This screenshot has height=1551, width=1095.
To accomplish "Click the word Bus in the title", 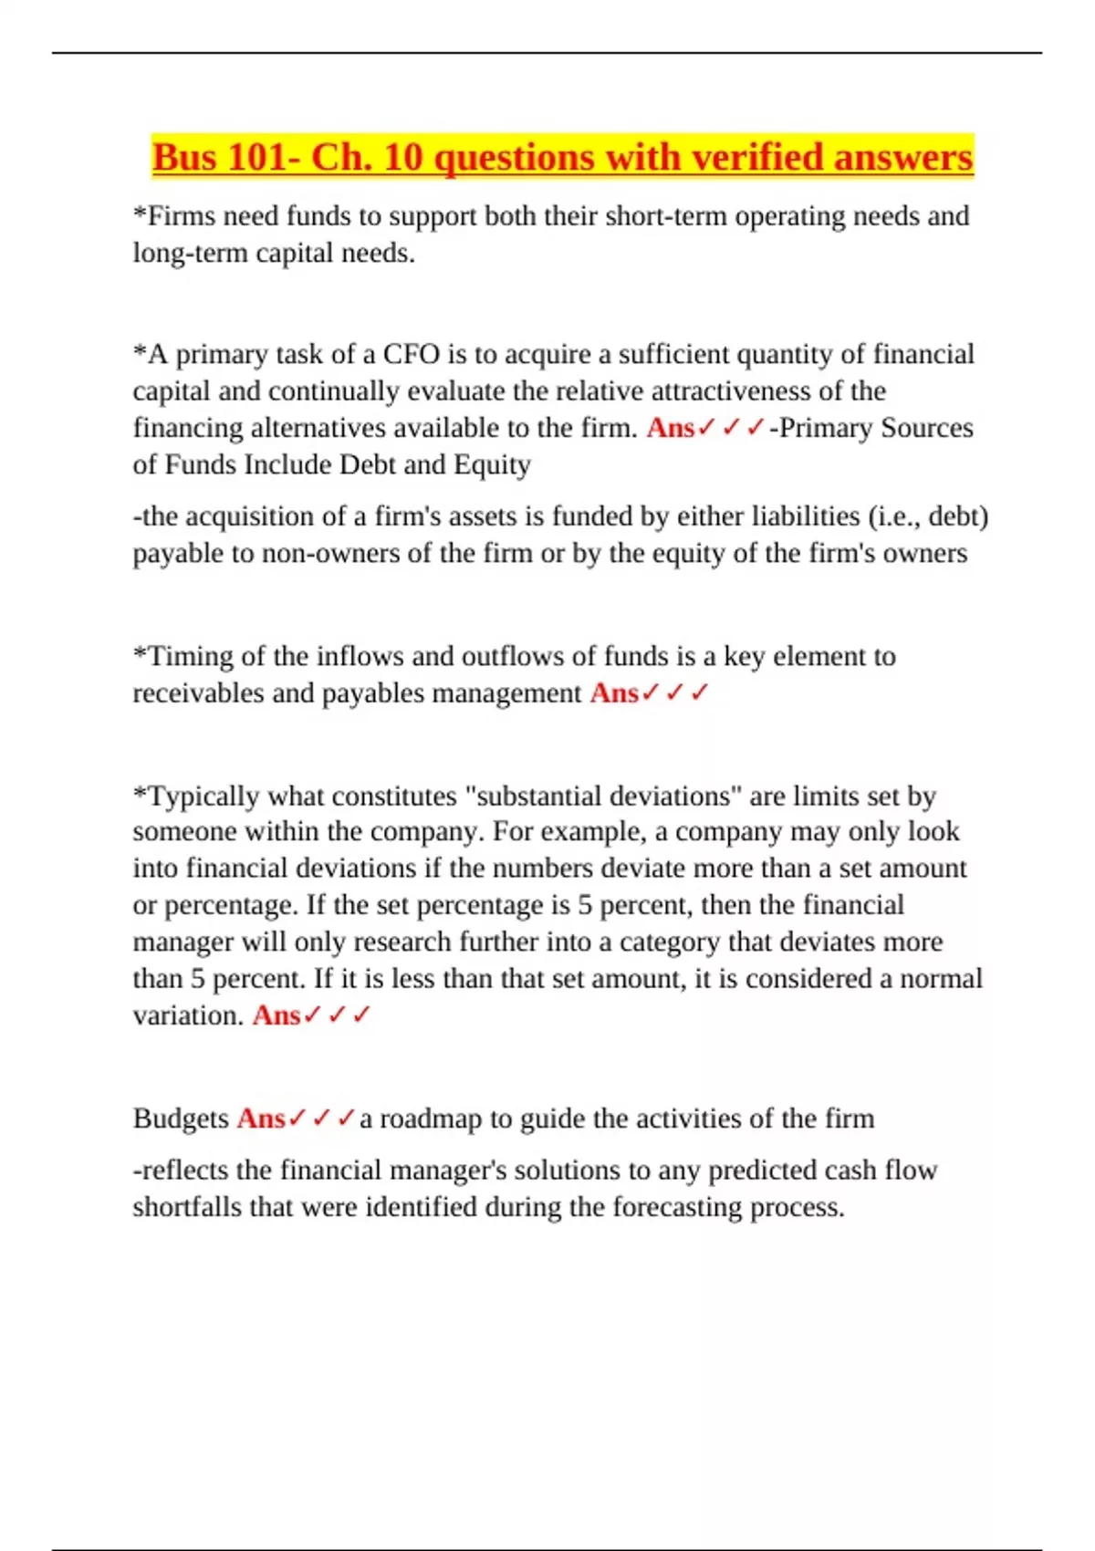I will tap(185, 157).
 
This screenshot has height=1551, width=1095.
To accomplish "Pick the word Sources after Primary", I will tap(925, 428).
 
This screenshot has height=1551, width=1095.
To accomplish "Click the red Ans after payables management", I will tap(614, 693).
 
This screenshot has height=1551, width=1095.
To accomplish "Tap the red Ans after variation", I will tap(276, 1015).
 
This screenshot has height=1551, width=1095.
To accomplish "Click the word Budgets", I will tap(181, 1119).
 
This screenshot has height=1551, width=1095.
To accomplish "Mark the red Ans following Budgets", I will tap(261, 1119).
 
